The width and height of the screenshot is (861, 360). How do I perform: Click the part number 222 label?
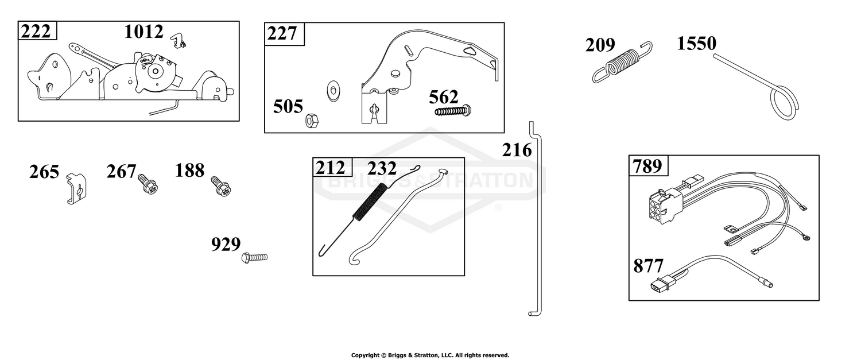coord(36,32)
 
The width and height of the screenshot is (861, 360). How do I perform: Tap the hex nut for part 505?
coord(312,121)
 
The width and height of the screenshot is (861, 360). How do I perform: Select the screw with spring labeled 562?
coord(453,111)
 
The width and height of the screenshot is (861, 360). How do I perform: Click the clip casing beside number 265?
coord(76,188)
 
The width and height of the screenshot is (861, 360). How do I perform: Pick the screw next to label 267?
coord(148,184)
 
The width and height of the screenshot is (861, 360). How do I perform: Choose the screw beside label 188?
coord(221,185)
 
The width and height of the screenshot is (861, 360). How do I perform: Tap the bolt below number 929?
coord(254,257)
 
